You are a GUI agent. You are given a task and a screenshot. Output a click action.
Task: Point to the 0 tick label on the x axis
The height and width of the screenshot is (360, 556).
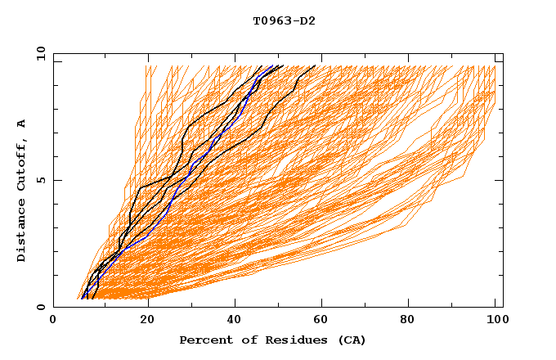[53, 322]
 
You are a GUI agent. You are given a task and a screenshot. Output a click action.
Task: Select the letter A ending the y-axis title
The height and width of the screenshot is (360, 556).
[22, 123]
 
